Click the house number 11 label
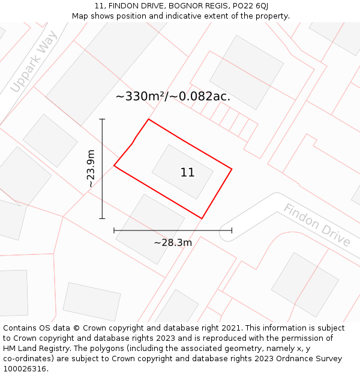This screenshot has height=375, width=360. tap(187, 173)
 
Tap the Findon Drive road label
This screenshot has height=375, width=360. tap(316, 225)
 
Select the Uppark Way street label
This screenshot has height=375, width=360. tap(34, 62)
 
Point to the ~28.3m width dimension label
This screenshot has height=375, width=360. tap(173, 243)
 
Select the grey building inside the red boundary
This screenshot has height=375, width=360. tap(182, 172)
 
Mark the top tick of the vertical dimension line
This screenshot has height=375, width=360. tap(102, 119)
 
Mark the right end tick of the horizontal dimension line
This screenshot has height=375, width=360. tap(232, 230)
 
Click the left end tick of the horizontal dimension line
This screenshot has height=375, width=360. tap(114, 230)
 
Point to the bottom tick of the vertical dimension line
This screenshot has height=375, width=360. tap(102, 218)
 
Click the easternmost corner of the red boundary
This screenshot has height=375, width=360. tap(232, 169)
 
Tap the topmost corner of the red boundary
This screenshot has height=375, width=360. tap(148, 119)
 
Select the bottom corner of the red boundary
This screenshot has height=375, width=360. tap(202, 218)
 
